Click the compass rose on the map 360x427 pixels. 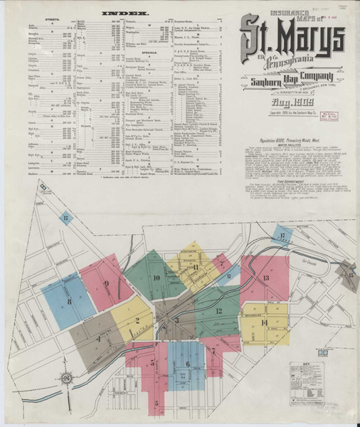(65, 377)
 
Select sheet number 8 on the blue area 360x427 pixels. (69, 302)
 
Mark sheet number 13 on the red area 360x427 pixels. (265, 278)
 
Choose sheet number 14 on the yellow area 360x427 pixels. (264, 322)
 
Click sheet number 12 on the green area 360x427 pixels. (218, 311)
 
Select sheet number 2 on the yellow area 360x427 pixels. (137, 320)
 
